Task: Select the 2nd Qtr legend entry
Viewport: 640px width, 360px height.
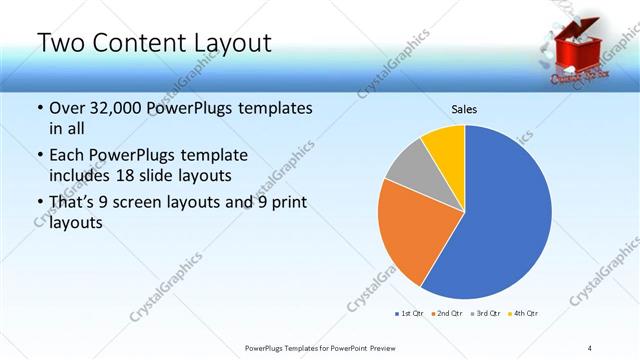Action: click(x=447, y=314)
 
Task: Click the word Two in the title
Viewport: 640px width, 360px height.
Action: click(x=58, y=43)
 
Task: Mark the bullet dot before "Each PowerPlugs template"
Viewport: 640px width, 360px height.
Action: click(x=39, y=156)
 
